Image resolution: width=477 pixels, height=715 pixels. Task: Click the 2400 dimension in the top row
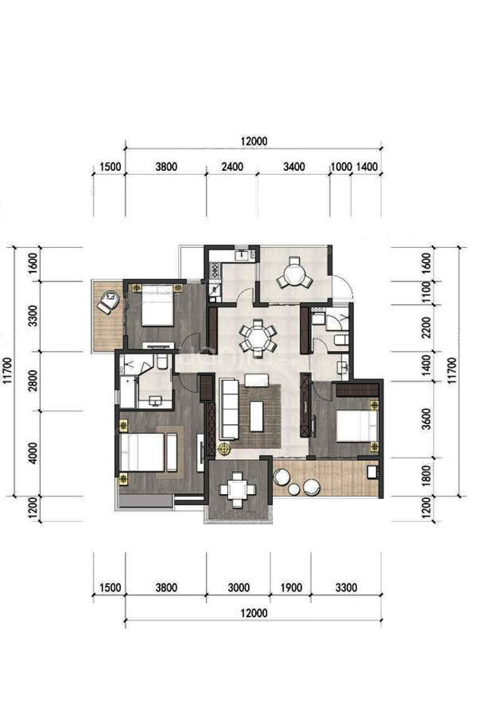click(x=232, y=167)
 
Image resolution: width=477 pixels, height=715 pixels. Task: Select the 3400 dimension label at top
click(x=294, y=167)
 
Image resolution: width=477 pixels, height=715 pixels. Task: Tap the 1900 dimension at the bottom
click(x=291, y=587)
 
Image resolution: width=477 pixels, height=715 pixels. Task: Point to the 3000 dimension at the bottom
click(x=238, y=587)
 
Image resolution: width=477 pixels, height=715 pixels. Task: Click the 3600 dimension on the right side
click(x=426, y=419)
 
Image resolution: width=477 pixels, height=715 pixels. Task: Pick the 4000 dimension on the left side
click(x=34, y=453)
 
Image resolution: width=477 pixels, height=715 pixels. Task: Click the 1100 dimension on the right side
click(x=426, y=292)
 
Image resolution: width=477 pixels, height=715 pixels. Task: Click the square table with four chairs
click(x=237, y=490)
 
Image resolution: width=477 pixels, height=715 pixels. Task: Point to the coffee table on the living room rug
click(x=257, y=416)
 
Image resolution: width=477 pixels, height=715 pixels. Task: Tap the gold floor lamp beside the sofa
click(x=224, y=448)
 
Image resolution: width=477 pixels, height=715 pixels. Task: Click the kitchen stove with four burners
click(x=215, y=271)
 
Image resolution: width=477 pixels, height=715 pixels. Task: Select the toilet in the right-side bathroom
click(x=341, y=340)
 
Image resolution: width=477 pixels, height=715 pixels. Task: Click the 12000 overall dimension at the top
click(x=254, y=141)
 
